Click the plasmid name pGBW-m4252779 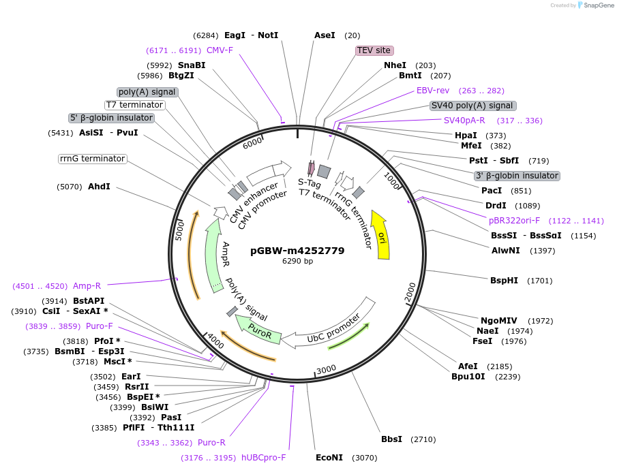coord(297,251)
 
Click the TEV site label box coord(374,50)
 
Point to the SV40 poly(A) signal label coord(472,106)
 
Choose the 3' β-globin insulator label coord(517,176)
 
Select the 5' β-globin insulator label coord(112,118)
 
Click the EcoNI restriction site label coord(329,458)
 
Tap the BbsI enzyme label coord(391,439)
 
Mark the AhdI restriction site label coord(99,186)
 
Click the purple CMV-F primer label coord(220,50)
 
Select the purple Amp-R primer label coord(87,286)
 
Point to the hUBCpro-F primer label coord(263,458)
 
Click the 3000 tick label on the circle coord(326,369)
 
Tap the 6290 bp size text coord(297,262)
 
